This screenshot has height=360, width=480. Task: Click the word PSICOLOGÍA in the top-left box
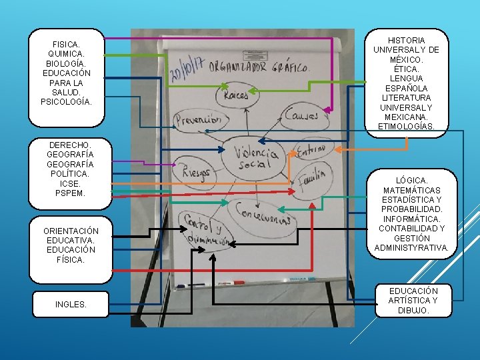click(66, 102)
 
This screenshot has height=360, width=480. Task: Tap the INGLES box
click(71, 305)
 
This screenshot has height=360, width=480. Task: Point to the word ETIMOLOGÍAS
click(406, 126)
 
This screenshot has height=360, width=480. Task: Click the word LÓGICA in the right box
click(411, 181)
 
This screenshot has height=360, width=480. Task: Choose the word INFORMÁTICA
click(411, 219)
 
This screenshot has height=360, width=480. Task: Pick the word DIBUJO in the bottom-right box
click(413, 311)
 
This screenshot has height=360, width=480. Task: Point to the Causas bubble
click(303, 115)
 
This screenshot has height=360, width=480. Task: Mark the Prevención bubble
click(201, 119)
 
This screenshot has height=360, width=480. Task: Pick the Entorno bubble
click(312, 150)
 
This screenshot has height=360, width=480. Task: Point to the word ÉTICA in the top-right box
click(406, 69)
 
